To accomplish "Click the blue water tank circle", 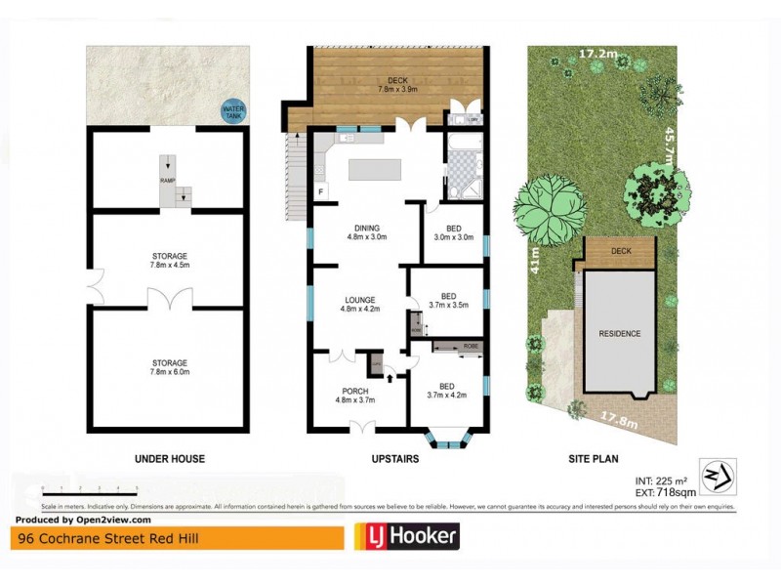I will (x=232, y=112).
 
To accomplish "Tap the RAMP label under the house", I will (x=167, y=180).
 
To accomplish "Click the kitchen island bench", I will (x=375, y=171).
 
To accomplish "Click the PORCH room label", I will (x=355, y=395).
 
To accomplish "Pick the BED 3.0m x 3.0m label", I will (x=453, y=230).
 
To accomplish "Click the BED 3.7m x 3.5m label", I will (x=449, y=300).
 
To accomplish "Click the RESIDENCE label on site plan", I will (x=619, y=333).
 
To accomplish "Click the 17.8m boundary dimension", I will (x=613, y=422).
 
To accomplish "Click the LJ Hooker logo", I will (x=405, y=537).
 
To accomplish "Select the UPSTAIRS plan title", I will (x=396, y=458).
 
